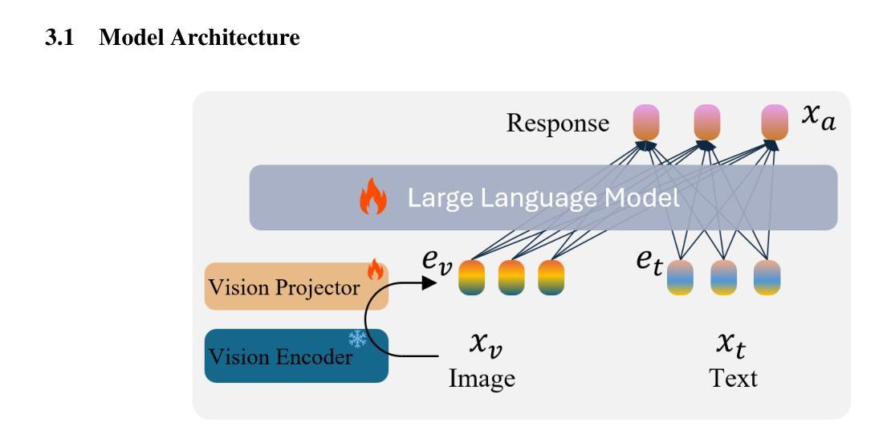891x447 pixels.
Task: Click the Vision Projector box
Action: point(296,286)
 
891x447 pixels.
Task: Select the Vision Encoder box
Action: point(296,356)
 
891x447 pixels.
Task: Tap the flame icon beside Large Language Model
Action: point(372,197)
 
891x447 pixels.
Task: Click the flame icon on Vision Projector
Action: point(375,269)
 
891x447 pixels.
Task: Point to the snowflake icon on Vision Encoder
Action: point(357,339)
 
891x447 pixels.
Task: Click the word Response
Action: point(557,123)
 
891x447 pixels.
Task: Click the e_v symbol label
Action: point(437,262)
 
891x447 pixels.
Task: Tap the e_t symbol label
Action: point(649,262)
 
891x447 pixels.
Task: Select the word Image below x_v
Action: point(482,379)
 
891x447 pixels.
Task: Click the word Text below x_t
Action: point(733,378)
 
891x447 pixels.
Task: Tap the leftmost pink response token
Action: point(646,122)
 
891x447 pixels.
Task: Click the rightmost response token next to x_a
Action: point(775,122)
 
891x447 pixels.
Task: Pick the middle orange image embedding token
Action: point(511,278)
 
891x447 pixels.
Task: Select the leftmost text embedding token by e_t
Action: point(680,278)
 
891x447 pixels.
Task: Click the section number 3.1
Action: point(59,38)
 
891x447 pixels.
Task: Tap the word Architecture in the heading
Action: point(234,38)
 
